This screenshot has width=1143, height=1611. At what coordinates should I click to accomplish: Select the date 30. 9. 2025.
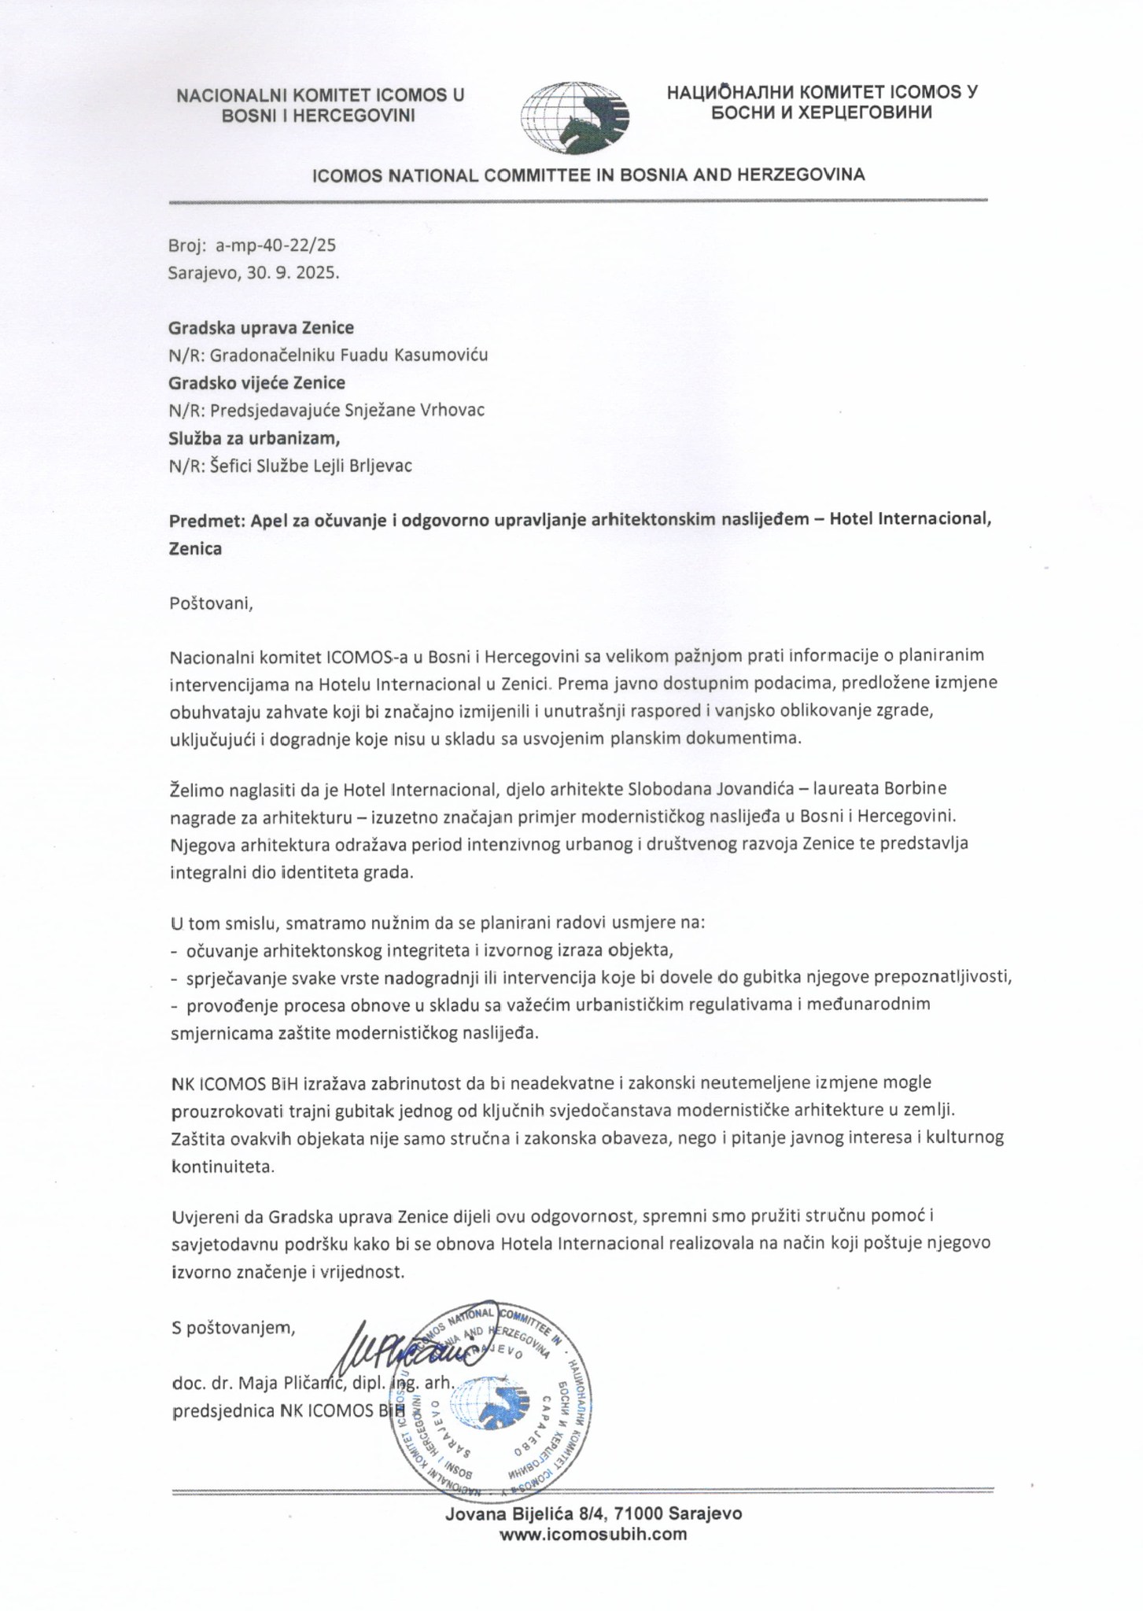pos(299,272)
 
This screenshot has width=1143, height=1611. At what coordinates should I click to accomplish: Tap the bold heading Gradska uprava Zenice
pos(261,327)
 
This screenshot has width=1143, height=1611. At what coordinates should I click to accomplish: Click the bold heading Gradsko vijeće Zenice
pos(257,383)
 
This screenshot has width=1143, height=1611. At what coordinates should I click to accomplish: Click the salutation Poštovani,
pos(212,603)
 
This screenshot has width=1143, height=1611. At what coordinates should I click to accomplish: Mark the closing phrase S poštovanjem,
pos(233,1329)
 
